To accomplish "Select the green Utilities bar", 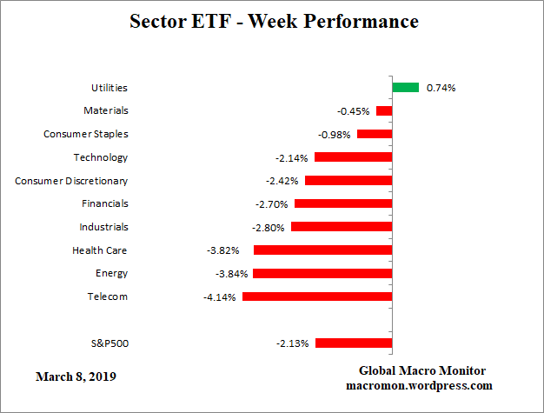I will (x=405, y=87).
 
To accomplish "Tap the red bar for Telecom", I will (x=317, y=296).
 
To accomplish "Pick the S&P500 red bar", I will (x=354, y=343).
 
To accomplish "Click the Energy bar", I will (x=322, y=273).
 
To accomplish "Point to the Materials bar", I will (x=384, y=111).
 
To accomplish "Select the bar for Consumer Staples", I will (x=375, y=134).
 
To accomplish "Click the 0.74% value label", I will (x=441, y=88).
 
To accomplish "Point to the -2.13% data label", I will (x=293, y=343).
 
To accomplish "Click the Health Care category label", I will (x=100, y=250).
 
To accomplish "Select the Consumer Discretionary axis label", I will (x=71, y=181).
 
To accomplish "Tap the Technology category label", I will (x=101, y=157).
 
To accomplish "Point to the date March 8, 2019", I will (x=76, y=377).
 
